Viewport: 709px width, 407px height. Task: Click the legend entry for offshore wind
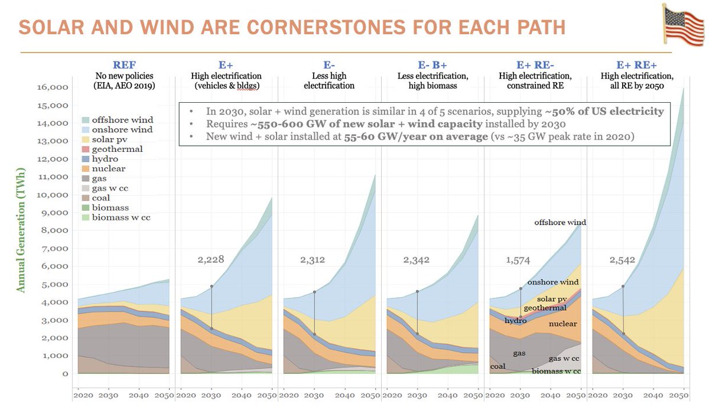coord(117,119)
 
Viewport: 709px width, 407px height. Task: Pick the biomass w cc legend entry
coord(117,217)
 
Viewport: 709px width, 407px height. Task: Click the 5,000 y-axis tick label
coord(54,284)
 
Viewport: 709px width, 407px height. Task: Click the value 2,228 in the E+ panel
coord(213,259)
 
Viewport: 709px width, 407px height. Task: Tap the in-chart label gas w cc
coord(564,359)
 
